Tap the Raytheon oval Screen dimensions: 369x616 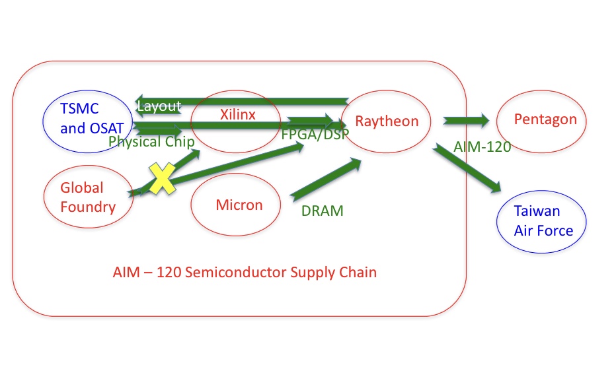pos(387,121)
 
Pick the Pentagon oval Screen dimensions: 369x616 pos(545,120)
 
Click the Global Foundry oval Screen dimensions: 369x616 pos(88,197)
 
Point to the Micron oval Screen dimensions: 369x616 pos(239,205)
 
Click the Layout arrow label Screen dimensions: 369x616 pos(159,106)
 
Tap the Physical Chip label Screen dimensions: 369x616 pos(151,141)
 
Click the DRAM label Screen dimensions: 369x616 pos(323,211)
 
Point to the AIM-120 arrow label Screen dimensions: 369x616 pos(482,147)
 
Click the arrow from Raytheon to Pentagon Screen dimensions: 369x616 pos(466,120)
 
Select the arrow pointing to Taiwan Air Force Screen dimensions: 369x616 pos(467,170)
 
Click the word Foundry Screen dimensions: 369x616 pos(88,207)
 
